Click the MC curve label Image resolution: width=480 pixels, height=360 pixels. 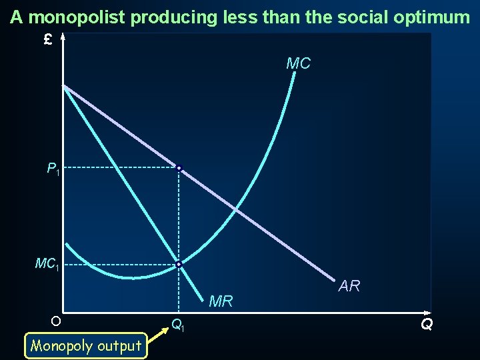point(298,63)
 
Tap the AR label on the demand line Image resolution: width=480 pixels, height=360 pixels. point(349,286)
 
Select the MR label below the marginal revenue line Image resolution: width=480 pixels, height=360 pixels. point(221,301)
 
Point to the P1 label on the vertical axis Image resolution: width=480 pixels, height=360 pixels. point(53,170)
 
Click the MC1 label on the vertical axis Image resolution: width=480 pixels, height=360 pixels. point(47,265)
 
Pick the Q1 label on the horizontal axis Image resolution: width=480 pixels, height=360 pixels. point(178,325)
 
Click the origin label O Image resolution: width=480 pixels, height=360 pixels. point(55,321)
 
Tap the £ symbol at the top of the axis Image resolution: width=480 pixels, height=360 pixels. point(47,40)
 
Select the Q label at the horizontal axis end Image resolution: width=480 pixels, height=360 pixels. point(427,325)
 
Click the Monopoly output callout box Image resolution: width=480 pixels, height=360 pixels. point(86,345)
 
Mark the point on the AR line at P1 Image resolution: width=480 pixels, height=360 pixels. point(179,168)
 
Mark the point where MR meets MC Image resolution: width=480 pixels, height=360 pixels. point(179,265)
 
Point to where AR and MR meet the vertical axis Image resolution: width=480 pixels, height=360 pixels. point(63,85)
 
